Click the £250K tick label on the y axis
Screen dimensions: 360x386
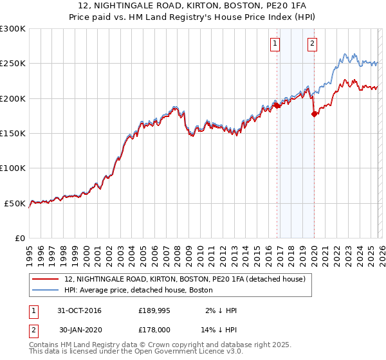[x=13, y=64]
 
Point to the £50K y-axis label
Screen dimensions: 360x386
[x=15, y=203]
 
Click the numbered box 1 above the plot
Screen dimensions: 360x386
[x=275, y=44]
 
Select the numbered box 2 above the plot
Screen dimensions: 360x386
[x=312, y=44]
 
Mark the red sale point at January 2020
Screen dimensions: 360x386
[x=314, y=114]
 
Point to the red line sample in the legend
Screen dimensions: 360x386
[x=46, y=279]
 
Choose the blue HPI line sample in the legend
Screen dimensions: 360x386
[x=46, y=290]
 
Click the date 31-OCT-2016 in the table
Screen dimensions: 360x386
[x=79, y=310]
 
